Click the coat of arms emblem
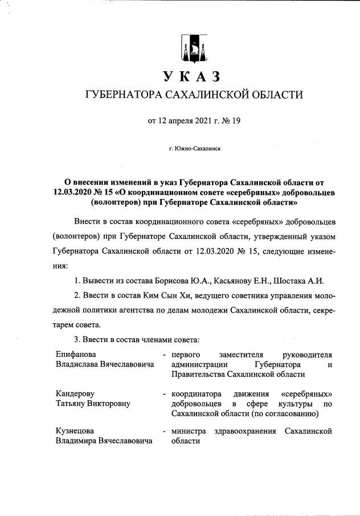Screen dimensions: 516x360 tap(191, 48)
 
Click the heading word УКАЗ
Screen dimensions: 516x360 tap(191, 76)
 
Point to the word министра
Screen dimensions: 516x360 tap(190, 431)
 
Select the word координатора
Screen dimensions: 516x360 tap(197, 394)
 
